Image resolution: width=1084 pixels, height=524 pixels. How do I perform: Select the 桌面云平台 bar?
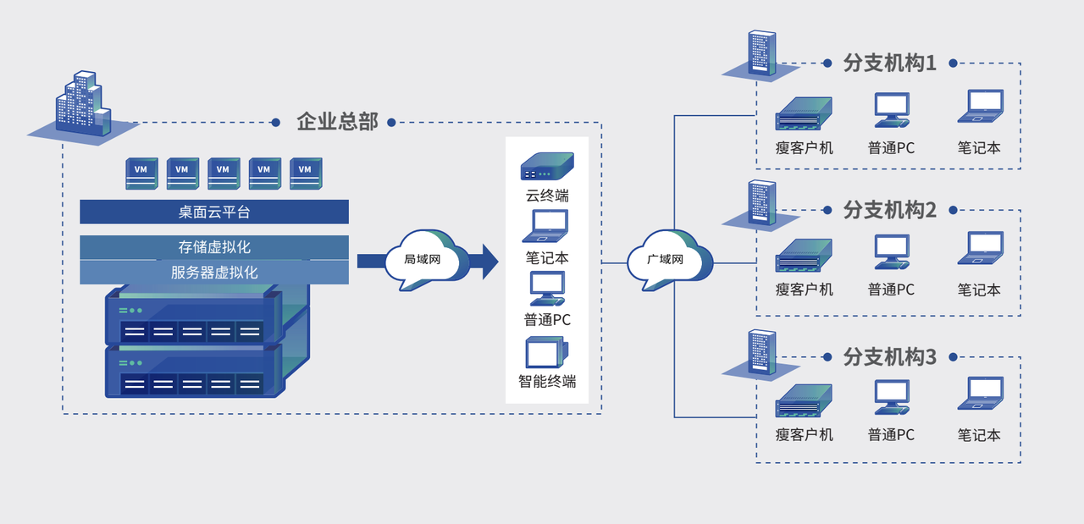click(214, 212)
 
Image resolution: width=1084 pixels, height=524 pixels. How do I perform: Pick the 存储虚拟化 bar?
click(214, 247)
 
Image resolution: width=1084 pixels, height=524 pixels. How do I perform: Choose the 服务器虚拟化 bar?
click(214, 273)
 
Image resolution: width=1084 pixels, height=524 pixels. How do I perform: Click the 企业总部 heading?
click(337, 121)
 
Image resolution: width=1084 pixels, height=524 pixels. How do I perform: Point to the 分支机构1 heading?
click(890, 63)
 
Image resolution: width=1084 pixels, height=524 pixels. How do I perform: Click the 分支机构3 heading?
click(890, 356)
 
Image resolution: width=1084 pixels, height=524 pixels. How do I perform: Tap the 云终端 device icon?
click(547, 166)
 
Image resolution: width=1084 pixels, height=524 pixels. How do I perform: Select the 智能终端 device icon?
click(547, 352)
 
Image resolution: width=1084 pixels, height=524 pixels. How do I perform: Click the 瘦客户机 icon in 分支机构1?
click(804, 113)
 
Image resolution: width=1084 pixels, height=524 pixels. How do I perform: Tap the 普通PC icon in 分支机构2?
click(892, 252)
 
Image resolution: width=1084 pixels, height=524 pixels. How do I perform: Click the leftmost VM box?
click(141, 173)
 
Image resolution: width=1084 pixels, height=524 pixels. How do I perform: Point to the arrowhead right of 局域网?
click(489, 261)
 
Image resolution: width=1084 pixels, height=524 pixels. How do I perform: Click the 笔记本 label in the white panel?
click(547, 257)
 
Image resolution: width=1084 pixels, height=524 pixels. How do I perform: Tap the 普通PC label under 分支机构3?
click(891, 435)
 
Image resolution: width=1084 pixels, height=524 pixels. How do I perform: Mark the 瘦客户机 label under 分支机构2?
click(805, 290)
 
